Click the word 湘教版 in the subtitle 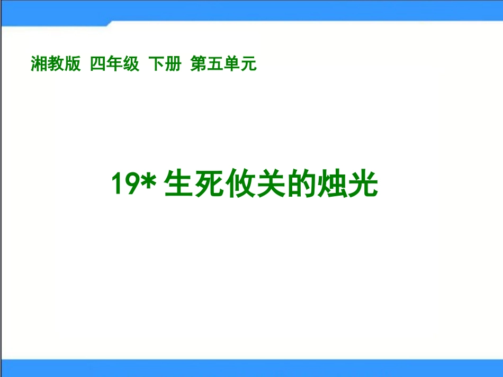coord(56,64)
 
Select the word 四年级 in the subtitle coord(114,64)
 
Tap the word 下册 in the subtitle coord(165,64)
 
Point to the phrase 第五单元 coord(223,64)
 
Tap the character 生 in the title coord(179,185)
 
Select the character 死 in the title coord(212,185)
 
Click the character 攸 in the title coord(245,185)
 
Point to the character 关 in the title coord(278,185)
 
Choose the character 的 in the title coord(311,185)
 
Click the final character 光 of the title coord(365,185)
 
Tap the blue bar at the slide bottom coord(251,368)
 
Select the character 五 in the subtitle coord(215,64)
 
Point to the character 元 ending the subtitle coord(248,64)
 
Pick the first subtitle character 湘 coord(39,64)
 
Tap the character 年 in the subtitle coord(114,64)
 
